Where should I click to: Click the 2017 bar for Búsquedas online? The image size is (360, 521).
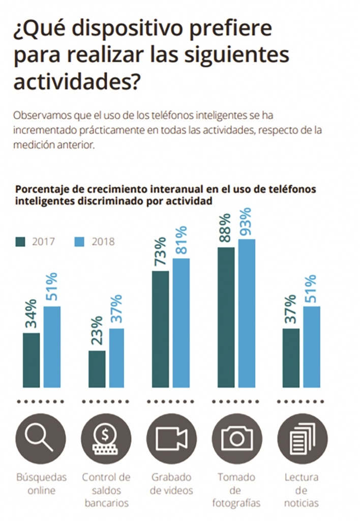pyautogui.click(x=32, y=361)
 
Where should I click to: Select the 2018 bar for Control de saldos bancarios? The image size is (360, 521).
pyautogui.click(x=117, y=358)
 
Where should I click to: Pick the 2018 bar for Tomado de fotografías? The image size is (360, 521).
pyautogui.click(x=247, y=313)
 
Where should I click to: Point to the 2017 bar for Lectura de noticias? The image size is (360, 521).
pyautogui.click(x=290, y=358)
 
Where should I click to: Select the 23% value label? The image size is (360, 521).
pyautogui.click(x=97, y=331)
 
